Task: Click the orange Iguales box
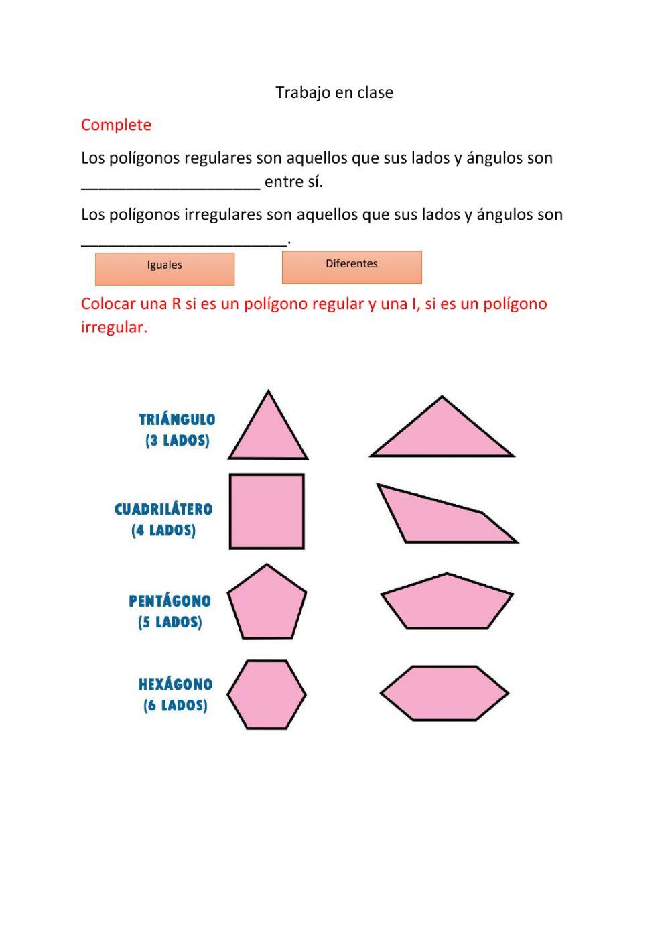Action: [165, 268]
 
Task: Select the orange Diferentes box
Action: [352, 267]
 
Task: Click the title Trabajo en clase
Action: [334, 92]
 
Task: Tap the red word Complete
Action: [116, 125]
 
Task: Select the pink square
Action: [267, 511]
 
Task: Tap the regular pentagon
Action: [267, 603]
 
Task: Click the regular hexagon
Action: [267, 694]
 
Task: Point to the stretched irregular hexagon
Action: [444, 693]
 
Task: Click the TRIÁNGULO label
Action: [177, 420]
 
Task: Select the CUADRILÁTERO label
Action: [163, 509]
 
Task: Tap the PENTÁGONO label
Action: [170, 601]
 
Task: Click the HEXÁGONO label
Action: [176, 684]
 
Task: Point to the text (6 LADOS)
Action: [176, 706]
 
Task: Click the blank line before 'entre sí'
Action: [170, 184]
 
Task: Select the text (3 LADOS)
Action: [178, 441]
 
